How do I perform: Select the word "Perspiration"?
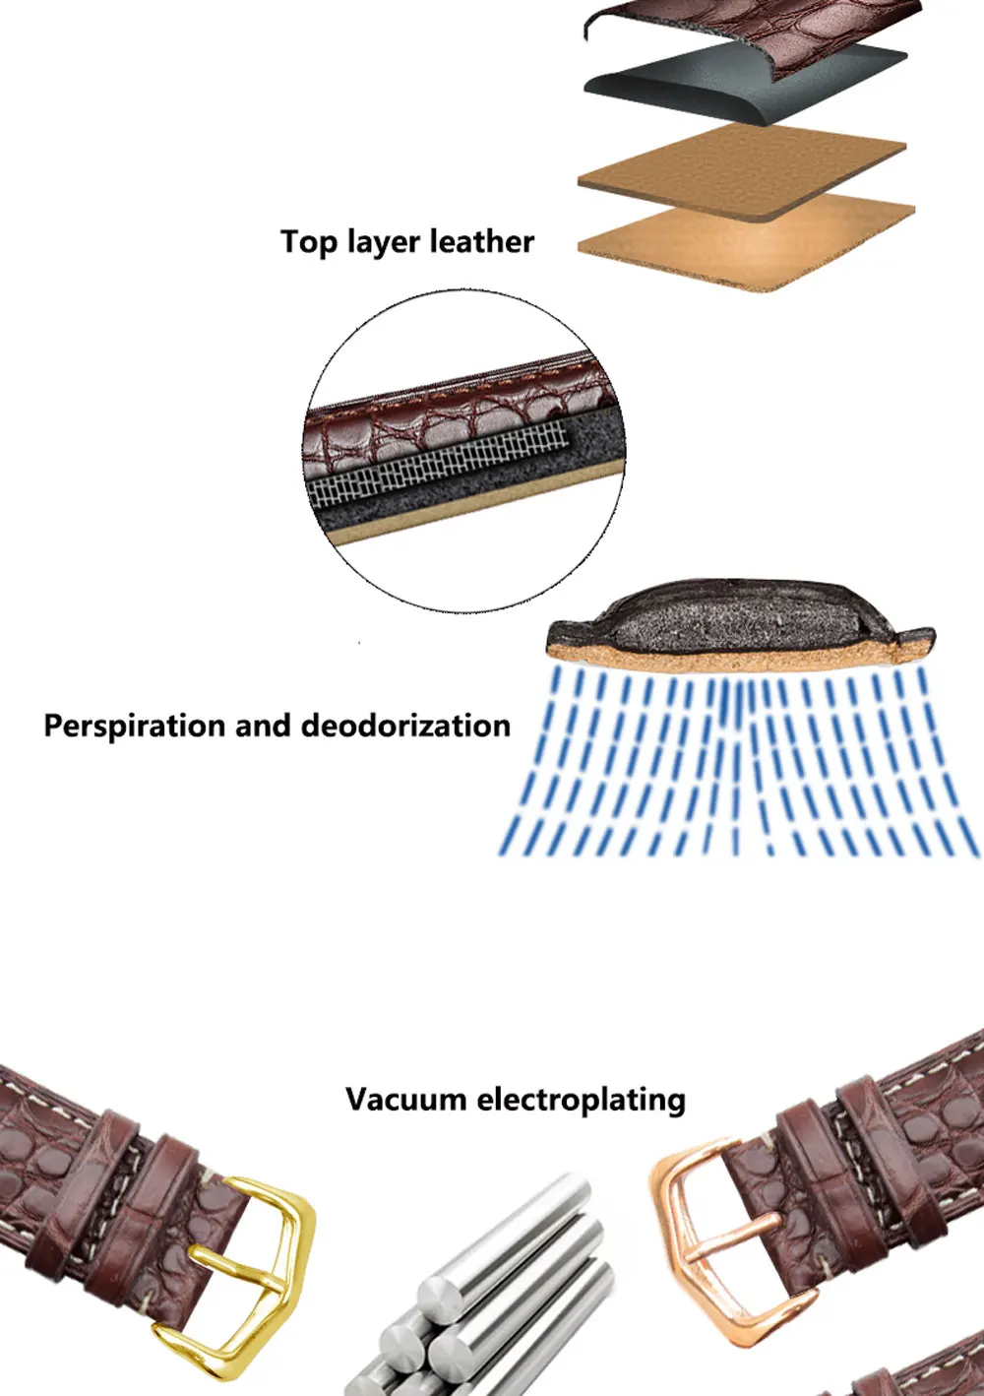(133, 726)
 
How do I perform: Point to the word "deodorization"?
(405, 726)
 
